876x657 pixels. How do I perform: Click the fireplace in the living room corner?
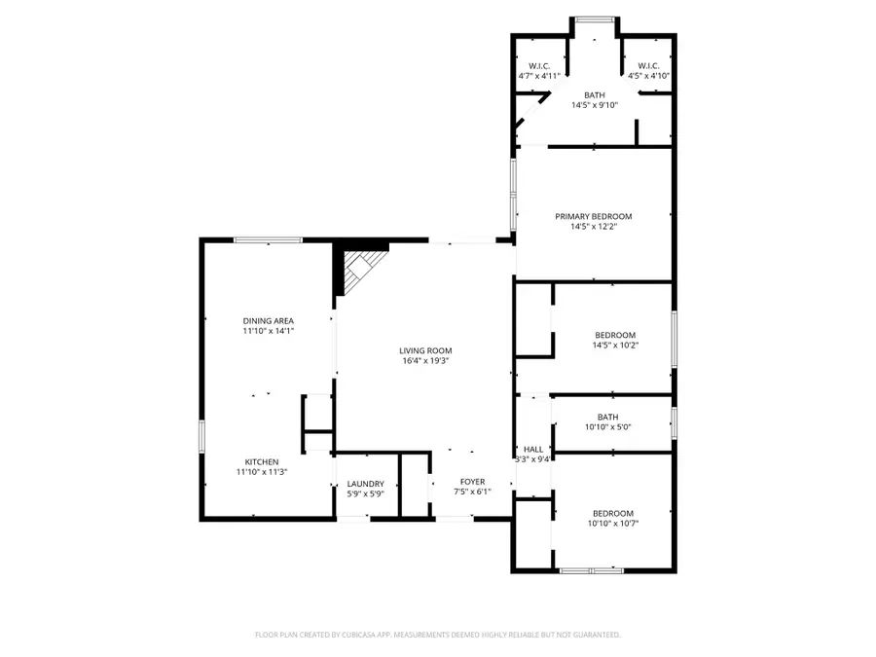[361, 268]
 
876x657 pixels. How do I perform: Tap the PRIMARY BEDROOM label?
[594, 216]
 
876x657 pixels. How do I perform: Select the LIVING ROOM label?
[425, 350]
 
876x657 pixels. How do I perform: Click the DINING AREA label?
[269, 320]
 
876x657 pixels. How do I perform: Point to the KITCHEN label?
[262, 461]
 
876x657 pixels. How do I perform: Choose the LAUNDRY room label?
[366, 484]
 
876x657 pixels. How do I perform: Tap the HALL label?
[533, 449]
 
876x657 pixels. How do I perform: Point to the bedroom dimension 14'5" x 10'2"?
[615, 345]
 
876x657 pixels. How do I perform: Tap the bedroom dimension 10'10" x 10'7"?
[612, 523]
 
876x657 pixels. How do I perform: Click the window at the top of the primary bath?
[594, 18]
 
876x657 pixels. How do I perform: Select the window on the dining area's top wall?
[267, 239]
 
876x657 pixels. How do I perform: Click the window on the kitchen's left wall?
[202, 435]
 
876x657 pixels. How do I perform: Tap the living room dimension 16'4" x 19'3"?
[425, 360]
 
